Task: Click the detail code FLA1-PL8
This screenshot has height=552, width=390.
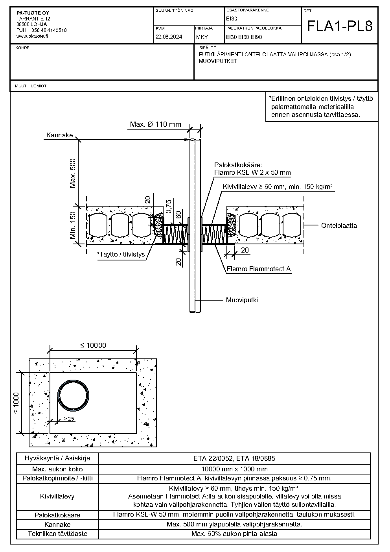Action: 340,26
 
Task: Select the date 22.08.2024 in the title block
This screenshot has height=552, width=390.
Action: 169,37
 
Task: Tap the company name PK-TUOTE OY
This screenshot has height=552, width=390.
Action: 33,13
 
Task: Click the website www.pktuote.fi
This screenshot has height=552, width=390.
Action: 32,36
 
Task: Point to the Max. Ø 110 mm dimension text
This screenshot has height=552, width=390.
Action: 156,124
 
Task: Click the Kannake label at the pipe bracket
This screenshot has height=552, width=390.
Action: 60,135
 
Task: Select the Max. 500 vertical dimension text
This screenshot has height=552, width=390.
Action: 73,173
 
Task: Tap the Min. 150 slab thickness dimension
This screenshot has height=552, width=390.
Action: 73,225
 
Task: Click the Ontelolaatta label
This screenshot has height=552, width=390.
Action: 339,225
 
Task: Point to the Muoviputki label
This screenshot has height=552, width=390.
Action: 242,300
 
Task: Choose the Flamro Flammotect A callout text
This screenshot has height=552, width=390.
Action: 259,269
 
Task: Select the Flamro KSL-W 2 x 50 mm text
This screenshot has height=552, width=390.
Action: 252,172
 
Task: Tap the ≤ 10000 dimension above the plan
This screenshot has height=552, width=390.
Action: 93,345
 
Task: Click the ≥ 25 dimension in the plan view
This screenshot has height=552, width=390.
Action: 69,419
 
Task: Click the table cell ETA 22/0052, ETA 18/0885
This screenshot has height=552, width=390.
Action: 234,458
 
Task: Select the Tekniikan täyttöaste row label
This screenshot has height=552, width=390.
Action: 58,534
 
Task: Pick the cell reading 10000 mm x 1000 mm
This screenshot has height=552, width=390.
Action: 234,469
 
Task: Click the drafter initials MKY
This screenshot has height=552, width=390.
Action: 202,37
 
